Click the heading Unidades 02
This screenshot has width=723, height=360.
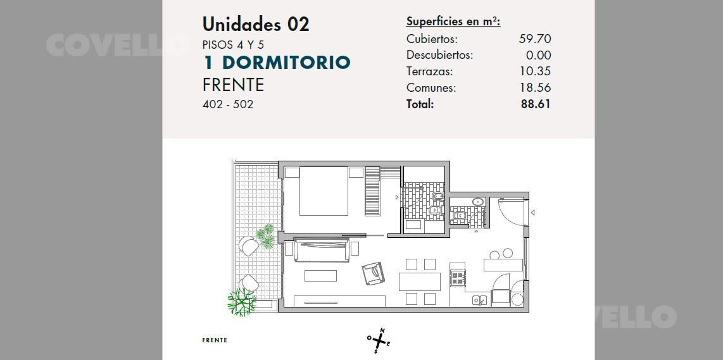click(256, 25)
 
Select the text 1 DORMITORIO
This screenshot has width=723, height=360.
click(277, 63)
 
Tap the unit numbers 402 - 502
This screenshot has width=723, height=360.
click(228, 104)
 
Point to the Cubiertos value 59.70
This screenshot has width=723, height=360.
click(535, 39)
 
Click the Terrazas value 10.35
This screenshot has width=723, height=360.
click(536, 71)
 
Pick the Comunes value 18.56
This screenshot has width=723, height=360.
click(536, 87)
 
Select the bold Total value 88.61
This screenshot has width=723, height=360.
click(536, 104)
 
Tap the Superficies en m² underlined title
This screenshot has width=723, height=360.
click(453, 22)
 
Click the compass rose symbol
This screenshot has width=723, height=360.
click(379, 340)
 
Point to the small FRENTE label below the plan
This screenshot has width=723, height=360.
click(215, 340)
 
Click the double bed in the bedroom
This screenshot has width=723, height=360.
click(324, 191)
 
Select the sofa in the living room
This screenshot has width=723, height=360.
click(322, 250)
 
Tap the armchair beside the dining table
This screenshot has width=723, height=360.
click(373, 274)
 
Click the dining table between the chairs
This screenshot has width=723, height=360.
click(420, 282)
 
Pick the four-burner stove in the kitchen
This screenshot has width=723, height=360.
click(457, 278)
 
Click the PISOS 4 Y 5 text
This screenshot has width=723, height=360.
click(234, 45)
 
